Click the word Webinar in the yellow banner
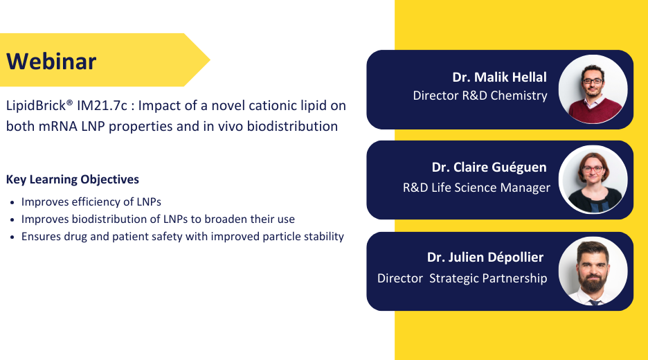51,61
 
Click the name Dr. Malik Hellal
499,77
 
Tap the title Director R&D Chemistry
480,96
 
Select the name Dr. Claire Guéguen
489,168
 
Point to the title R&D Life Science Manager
476,188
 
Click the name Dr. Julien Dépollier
485,258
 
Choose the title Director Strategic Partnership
462,278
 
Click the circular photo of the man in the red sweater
593,89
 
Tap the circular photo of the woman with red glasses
593,180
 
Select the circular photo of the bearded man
593,271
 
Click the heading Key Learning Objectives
72,179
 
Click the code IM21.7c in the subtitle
102,105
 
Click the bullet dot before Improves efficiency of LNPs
12,203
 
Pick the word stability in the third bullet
324,236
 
